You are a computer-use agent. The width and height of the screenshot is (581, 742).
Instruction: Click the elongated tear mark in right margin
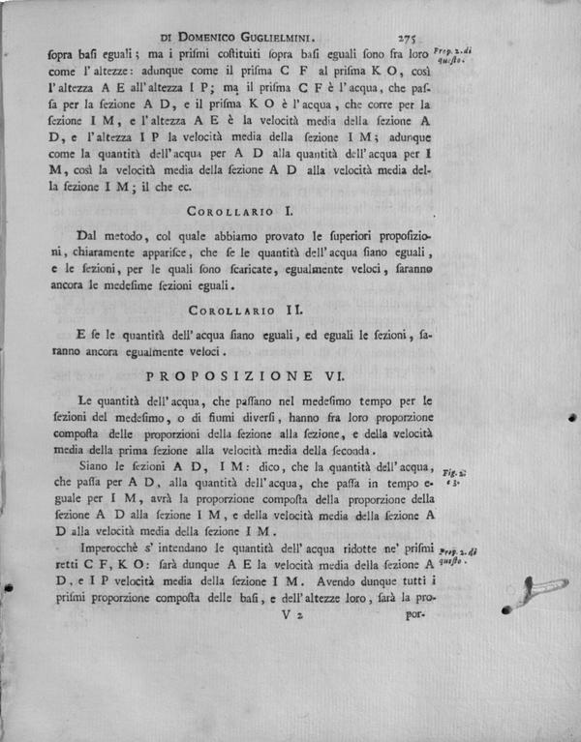coord(542,589)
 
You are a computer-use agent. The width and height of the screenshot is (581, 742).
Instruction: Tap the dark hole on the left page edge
coord(9,587)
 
